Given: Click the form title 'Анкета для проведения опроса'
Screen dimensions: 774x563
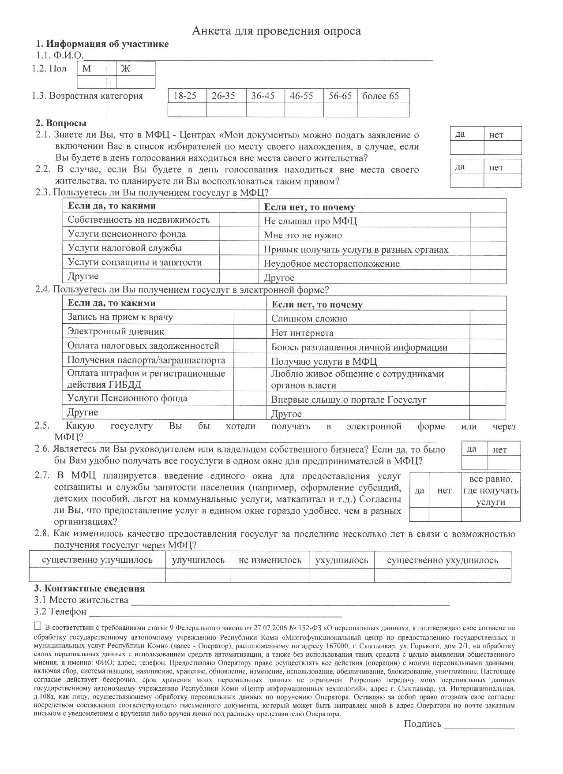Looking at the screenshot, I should pos(276,31).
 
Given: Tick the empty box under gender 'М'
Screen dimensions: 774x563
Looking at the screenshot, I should pos(97,82).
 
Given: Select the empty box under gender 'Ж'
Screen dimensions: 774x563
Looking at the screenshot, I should pos(135,82).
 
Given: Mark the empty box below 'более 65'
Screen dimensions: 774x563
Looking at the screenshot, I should pos(383,110).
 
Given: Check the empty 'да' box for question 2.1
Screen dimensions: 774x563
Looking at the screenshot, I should pos(467,148).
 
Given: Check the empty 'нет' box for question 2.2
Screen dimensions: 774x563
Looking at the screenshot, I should pos(503,180).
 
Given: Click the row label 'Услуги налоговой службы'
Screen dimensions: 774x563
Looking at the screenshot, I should pos(125,248).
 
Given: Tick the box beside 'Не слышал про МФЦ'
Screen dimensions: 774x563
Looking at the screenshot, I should pos(488,221).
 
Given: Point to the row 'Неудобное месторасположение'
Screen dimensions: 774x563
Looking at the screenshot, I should pos(332,264).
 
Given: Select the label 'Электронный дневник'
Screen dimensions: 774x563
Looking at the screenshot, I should pos(116,332).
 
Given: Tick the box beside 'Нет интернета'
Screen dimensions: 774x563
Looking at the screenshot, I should pos(488,332).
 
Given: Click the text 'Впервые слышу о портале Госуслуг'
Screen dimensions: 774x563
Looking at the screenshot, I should pos(349,400).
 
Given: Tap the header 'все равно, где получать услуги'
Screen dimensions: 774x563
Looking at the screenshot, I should pos(491,490).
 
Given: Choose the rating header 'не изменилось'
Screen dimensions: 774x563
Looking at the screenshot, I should pos(270,560).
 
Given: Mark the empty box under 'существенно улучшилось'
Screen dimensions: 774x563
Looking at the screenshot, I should pos(97,576).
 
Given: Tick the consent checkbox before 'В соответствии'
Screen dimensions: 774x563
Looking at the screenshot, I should pos(38,626).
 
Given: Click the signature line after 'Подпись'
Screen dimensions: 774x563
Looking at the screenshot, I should pos(479,725).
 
